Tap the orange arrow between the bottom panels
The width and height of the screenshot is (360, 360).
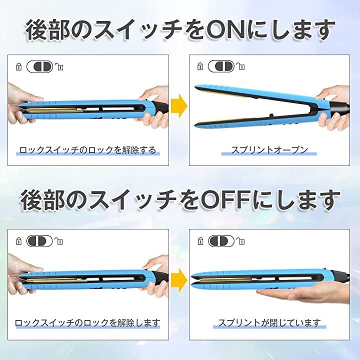coord(179,280)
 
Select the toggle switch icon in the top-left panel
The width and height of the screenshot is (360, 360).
coord(39,66)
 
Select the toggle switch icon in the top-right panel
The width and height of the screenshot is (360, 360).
coord(221,66)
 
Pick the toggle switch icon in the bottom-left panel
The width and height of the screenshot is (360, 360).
coord(39,241)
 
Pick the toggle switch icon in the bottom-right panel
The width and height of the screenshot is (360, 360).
coord(221,241)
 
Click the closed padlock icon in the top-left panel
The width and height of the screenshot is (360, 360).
coord(19,66)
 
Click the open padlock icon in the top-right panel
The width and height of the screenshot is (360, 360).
coord(241,66)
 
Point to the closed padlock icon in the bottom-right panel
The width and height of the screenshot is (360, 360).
coord(200,241)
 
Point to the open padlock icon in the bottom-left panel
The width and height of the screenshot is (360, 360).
coord(59,241)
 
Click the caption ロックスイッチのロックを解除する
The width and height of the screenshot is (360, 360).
coord(87,150)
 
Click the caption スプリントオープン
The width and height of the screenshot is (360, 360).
coord(269,150)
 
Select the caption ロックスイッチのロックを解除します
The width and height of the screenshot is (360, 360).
coord(87,323)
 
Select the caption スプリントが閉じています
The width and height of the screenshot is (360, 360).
coord(269,323)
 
